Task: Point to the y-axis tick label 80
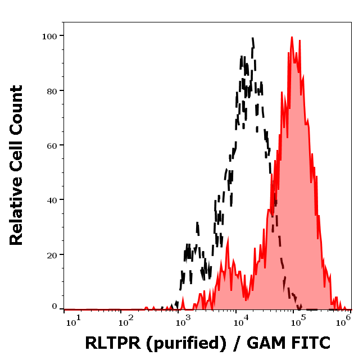(x=52, y=90)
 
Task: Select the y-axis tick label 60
(x=52, y=145)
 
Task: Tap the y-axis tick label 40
(x=52, y=199)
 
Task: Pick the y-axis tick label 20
(x=52, y=254)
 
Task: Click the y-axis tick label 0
(x=55, y=307)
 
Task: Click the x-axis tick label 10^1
(x=73, y=320)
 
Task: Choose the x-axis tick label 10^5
(x=297, y=320)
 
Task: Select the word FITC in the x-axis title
(x=308, y=342)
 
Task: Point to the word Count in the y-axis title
(x=16, y=117)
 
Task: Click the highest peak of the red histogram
(x=292, y=38)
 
